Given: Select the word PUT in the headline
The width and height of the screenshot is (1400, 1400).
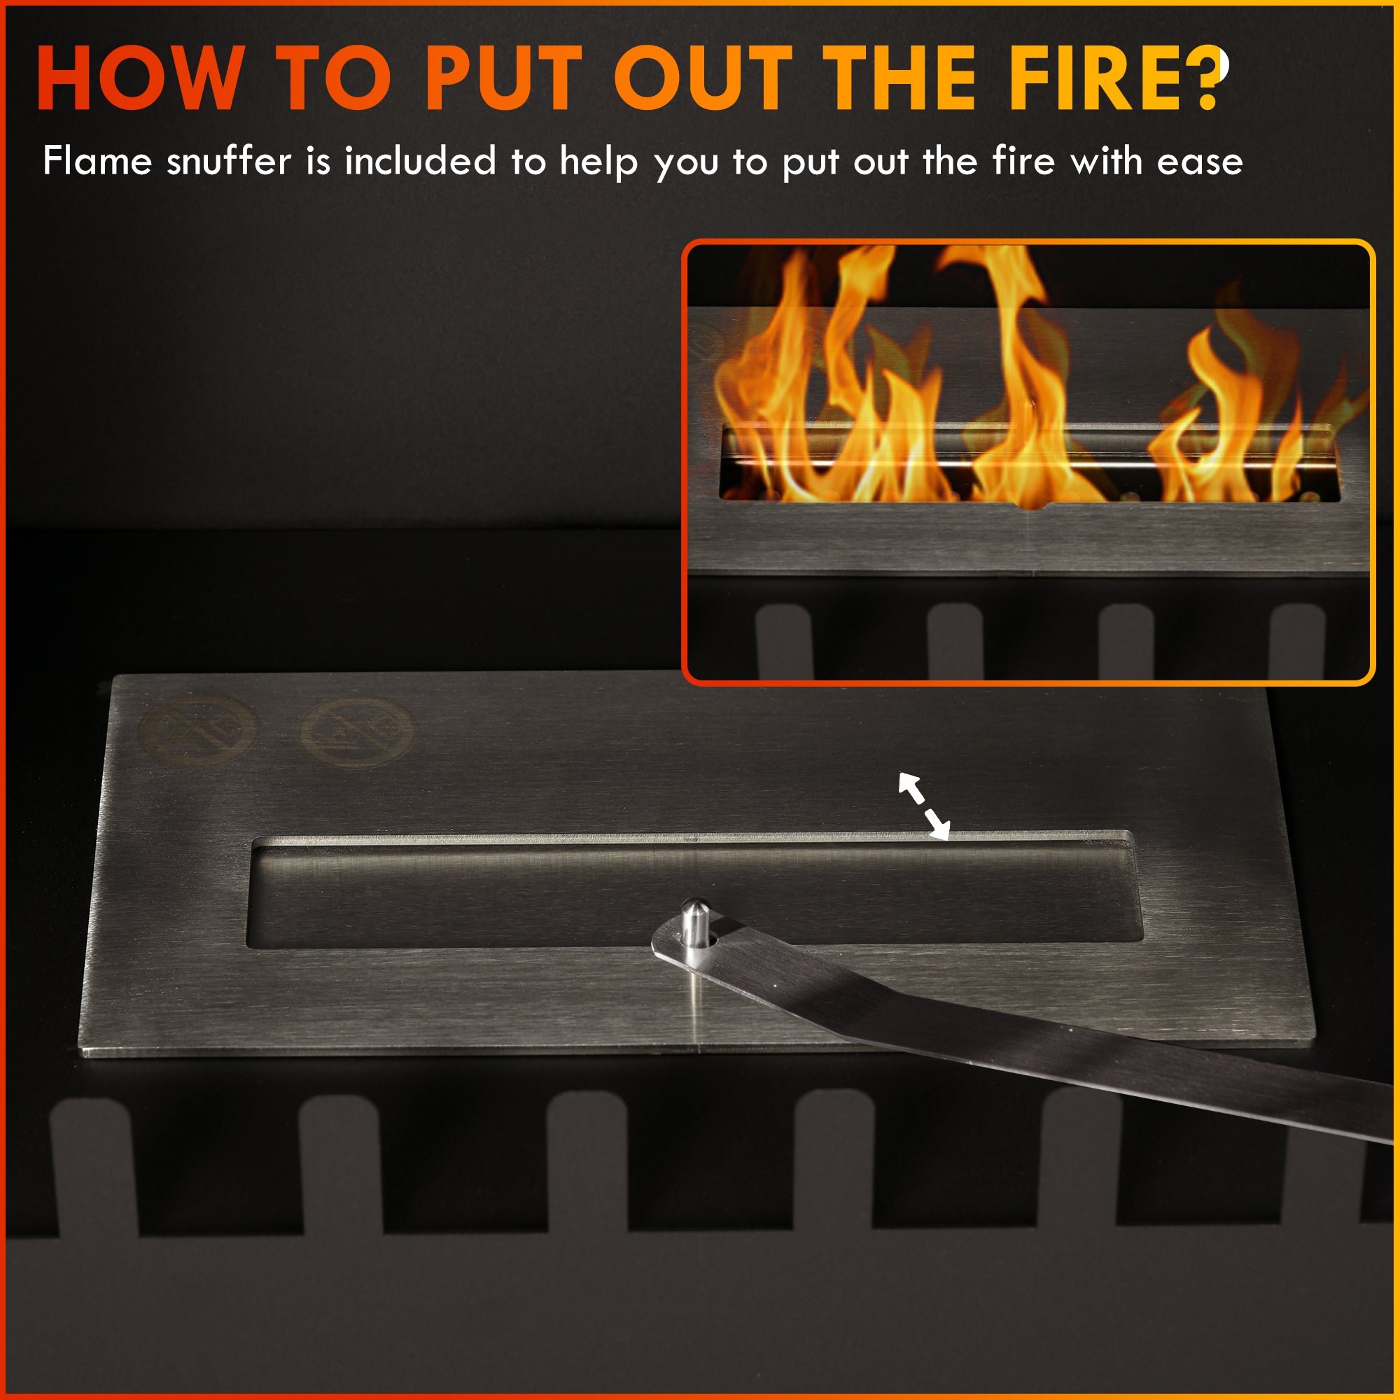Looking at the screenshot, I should (503, 78).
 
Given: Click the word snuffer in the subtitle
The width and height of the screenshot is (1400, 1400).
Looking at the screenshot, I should (228, 161).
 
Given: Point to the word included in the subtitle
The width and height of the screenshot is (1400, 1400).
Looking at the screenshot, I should (419, 161).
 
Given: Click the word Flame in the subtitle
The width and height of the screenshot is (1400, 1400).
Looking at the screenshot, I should (97, 161).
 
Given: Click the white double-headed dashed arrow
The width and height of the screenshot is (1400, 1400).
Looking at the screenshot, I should (924, 805).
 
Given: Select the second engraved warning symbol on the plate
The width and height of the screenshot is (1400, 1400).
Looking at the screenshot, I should (356, 734).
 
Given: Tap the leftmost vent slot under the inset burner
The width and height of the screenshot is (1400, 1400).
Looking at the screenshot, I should (784, 641).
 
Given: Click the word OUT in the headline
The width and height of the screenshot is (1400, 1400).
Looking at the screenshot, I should (703, 78).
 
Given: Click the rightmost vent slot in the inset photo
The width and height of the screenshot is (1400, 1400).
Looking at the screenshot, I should (1298, 641).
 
